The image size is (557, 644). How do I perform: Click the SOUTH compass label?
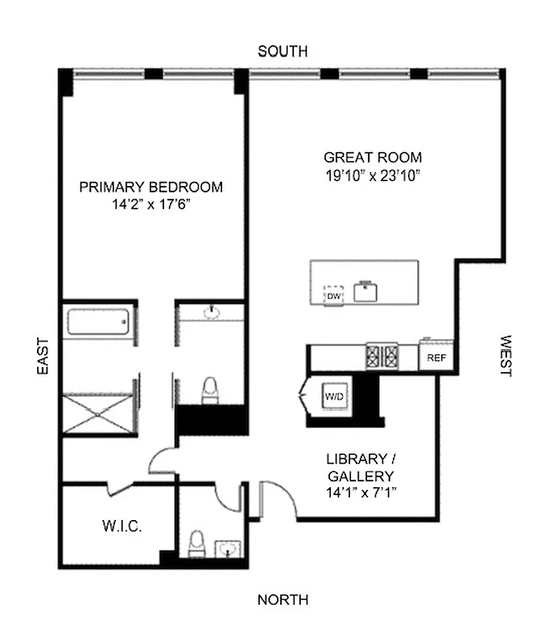(282, 52)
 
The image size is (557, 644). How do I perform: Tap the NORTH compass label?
(282, 600)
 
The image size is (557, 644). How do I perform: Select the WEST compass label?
(505, 357)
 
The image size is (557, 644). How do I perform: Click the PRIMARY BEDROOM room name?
(151, 188)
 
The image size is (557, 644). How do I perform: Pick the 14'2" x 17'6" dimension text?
(151, 204)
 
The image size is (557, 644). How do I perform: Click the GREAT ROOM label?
(372, 158)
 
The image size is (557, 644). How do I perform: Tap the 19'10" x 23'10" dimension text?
(372, 174)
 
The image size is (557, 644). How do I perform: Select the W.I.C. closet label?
(122, 527)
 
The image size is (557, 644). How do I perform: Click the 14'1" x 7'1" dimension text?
(361, 491)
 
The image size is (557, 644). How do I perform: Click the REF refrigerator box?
(436, 357)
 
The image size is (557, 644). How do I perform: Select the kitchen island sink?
(366, 291)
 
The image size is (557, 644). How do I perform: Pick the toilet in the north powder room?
(195, 544)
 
